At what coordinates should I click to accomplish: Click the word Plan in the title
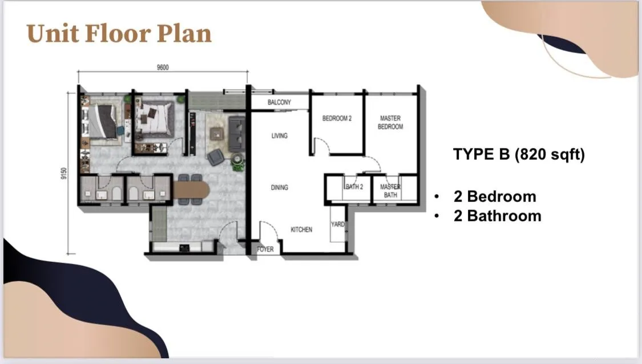click(184, 34)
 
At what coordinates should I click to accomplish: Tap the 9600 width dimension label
click(163, 67)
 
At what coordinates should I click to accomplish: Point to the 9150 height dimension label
click(63, 173)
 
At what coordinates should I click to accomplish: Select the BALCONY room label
click(279, 102)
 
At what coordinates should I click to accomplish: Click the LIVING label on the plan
click(279, 136)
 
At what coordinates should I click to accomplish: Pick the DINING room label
click(279, 188)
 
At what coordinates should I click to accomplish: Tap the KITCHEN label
click(301, 230)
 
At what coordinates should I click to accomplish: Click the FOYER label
click(265, 249)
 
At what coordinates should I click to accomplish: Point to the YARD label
click(338, 224)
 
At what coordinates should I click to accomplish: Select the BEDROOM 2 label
click(337, 118)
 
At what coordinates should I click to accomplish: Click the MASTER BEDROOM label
click(390, 123)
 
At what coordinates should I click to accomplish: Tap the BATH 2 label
click(354, 187)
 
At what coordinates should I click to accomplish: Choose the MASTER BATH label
click(390, 191)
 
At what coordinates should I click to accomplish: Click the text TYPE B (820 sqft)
click(519, 155)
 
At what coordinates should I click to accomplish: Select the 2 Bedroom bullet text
click(495, 196)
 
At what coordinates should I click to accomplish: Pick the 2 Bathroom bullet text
click(498, 216)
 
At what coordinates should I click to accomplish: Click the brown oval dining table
click(191, 190)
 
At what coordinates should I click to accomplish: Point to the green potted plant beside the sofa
click(237, 161)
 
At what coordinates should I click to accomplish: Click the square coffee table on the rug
click(217, 134)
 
